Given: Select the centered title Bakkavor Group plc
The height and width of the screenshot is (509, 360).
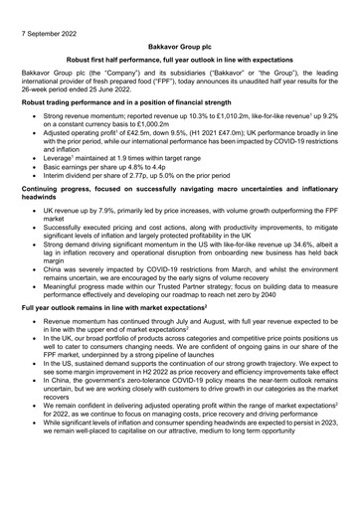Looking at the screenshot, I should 180,47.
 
